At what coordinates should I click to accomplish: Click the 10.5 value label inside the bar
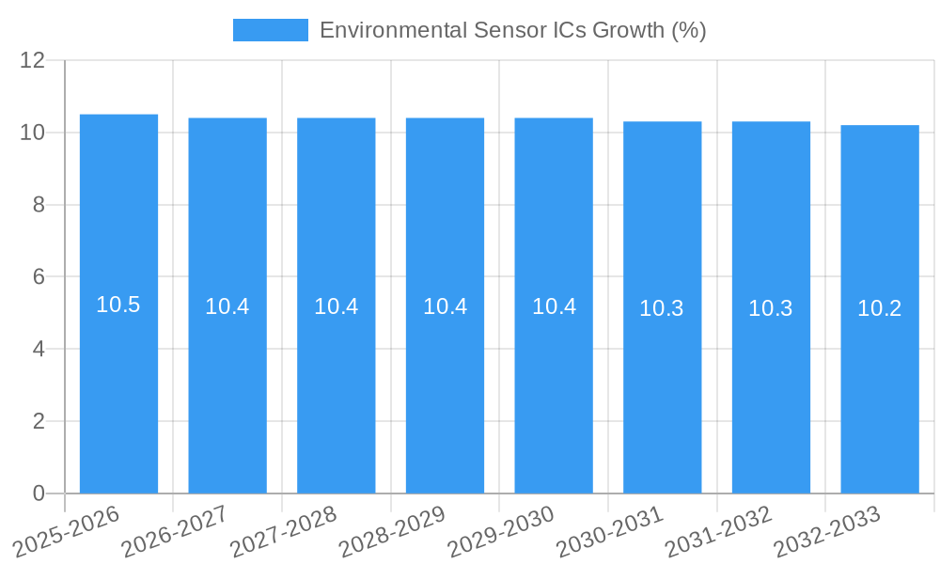coord(118,305)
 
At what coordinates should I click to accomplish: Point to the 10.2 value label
coord(880,308)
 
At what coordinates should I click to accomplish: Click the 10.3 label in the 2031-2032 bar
coord(771,308)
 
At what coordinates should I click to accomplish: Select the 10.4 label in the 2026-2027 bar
coord(227,306)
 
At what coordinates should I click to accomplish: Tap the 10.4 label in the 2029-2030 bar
coord(554,306)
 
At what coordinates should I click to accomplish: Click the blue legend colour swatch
coord(271,30)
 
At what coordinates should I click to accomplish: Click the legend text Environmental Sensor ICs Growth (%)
coord(512,30)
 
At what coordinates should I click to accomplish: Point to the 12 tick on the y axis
coord(33,60)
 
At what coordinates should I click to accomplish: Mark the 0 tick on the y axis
coord(39,493)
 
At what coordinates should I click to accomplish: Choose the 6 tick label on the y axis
coord(39,277)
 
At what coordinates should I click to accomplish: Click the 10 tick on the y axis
coord(33,133)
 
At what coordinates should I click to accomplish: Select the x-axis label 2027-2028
coord(284,530)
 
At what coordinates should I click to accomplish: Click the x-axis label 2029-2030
coord(501,530)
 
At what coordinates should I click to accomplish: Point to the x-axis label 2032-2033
coord(827,530)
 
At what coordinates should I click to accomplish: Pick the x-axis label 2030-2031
coord(610,530)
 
